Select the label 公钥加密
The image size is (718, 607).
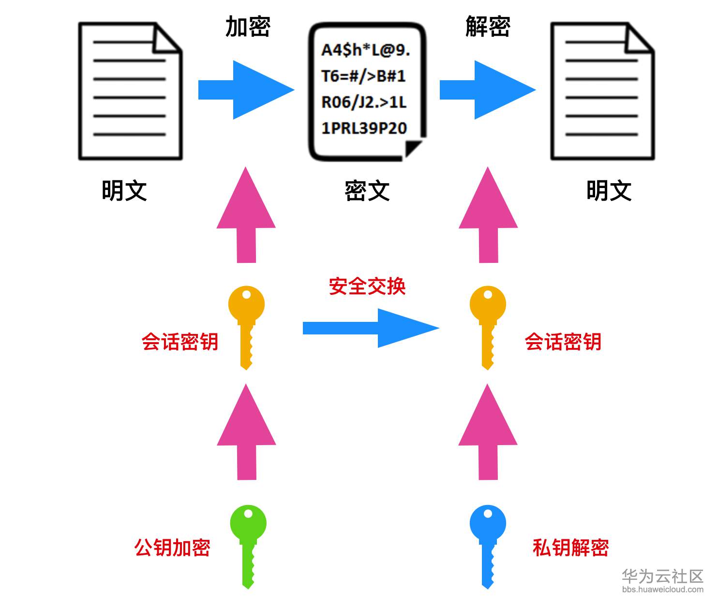[x=172, y=548]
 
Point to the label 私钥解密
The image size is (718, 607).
[x=570, y=548]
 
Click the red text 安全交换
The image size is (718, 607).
[x=367, y=286]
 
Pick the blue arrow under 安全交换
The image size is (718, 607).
[x=370, y=328]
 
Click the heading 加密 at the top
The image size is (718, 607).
[x=248, y=27]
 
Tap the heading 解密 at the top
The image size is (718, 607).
[x=488, y=27]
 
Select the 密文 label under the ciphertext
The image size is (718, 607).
[x=367, y=190]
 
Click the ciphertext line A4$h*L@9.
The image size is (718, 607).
[x=365, y=50]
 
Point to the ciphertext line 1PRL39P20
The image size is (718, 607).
[x=364, y=128]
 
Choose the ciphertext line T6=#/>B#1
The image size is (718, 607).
[x=363, y=76]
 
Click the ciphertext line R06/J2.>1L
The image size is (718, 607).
[x=364, y=102]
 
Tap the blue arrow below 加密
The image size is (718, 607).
[x=246, y=90]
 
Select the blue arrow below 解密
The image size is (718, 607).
[x=487, y=90]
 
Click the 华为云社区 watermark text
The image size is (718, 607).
[x=662, y=576]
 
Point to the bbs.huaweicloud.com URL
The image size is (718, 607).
[x=662, y=590]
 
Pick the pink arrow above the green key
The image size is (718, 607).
[x=246, y=431]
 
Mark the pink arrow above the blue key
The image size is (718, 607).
[x=488, y=431]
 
